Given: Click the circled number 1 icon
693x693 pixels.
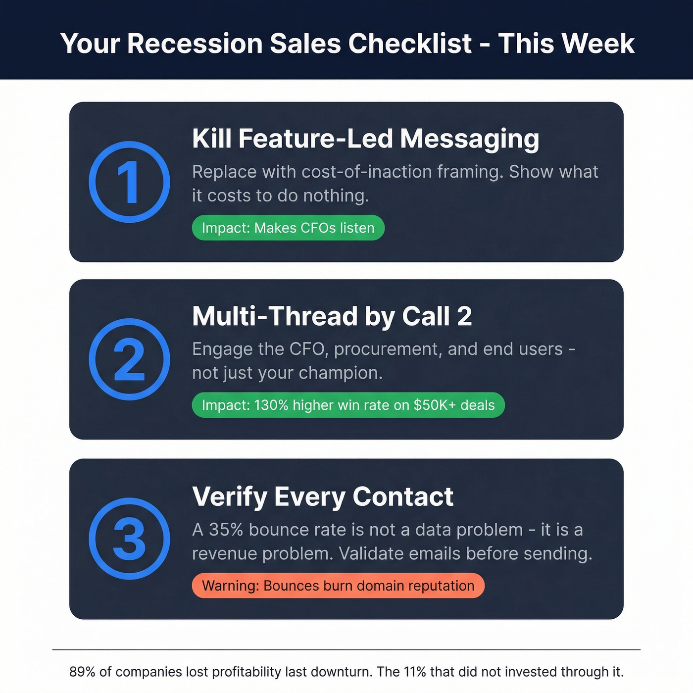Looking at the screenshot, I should [129, 182].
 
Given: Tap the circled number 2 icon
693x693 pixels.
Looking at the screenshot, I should [129, 359].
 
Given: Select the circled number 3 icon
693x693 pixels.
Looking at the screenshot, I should [129, 539].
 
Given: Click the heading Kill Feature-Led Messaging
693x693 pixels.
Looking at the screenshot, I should [365, 139].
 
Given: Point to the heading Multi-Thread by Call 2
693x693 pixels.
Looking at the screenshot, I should [332, 316].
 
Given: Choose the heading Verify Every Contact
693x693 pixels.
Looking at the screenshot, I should [322, 496].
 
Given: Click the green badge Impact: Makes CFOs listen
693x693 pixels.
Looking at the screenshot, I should [288, 228].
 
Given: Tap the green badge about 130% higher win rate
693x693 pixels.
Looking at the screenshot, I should [348, 405].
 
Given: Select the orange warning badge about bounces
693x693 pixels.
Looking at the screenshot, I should [338, 586].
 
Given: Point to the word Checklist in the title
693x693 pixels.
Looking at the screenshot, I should [410, 44].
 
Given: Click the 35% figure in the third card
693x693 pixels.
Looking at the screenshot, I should [226, 530].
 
